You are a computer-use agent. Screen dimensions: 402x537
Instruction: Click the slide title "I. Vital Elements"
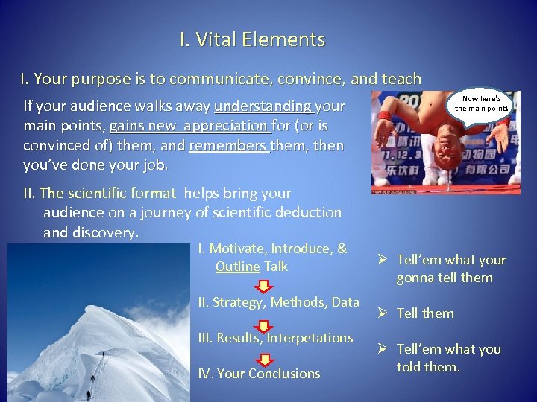(252, 39)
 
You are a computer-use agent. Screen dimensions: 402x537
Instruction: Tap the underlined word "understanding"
(262, 106)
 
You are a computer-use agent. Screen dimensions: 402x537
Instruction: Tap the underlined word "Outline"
(237, 267)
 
